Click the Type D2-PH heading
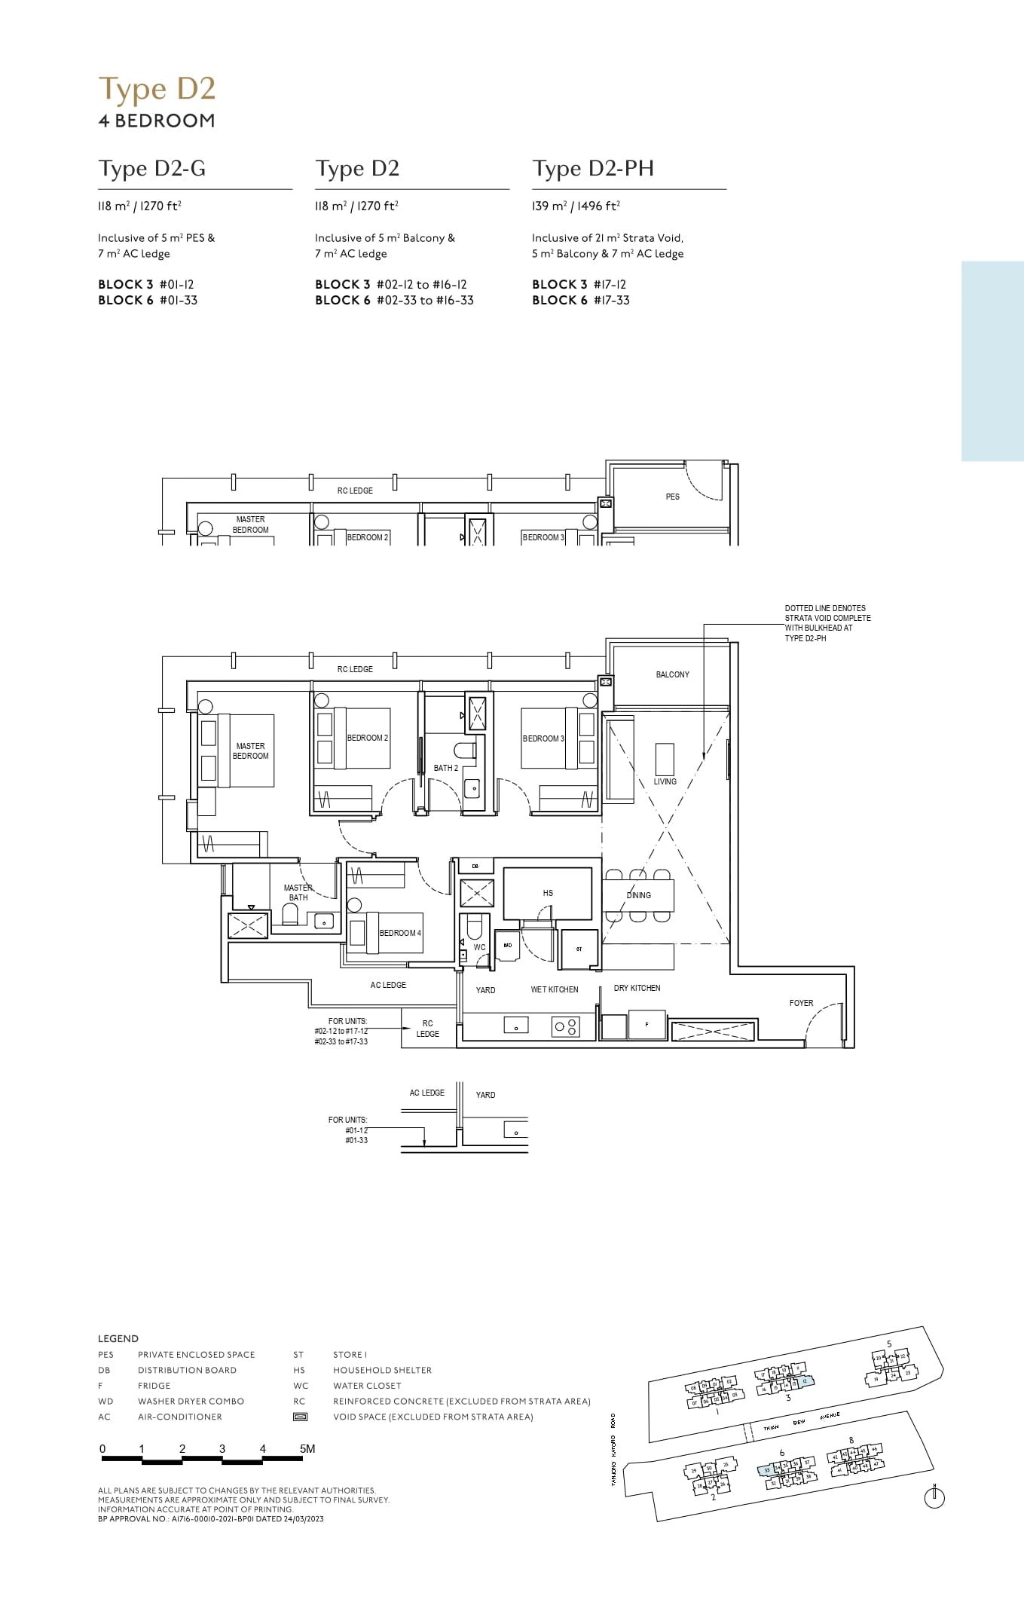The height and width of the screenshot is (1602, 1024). click(593, 169)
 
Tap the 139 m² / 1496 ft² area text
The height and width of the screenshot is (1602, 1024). click(576, 206)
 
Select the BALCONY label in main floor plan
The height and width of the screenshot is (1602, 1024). click(672, 674)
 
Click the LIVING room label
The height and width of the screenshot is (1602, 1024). click(665, 781)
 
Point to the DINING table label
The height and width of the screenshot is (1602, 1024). click(638, 895)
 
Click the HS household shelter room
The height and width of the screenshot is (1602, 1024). click(548, 893)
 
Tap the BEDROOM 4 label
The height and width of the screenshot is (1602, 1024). click(400, 933)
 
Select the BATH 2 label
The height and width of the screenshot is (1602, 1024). click(445, 768)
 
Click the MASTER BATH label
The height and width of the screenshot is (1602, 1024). click(298, 892)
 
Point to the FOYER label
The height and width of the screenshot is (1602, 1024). click(801, 1003)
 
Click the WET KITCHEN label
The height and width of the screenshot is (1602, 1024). click(554, 989)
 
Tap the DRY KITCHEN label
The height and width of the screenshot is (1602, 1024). click(637, 988)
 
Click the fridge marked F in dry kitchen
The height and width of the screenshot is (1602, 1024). click(646, 1026)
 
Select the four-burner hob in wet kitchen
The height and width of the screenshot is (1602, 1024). click(566, 1026)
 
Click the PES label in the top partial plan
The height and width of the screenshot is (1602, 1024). click(672, 497)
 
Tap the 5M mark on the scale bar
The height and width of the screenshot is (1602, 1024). click(307, 1448)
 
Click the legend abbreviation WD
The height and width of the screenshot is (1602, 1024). click(105, 1401)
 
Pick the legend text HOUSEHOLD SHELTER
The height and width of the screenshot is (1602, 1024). click(382, 1370)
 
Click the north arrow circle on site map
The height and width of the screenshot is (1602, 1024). click(934, 1499)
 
